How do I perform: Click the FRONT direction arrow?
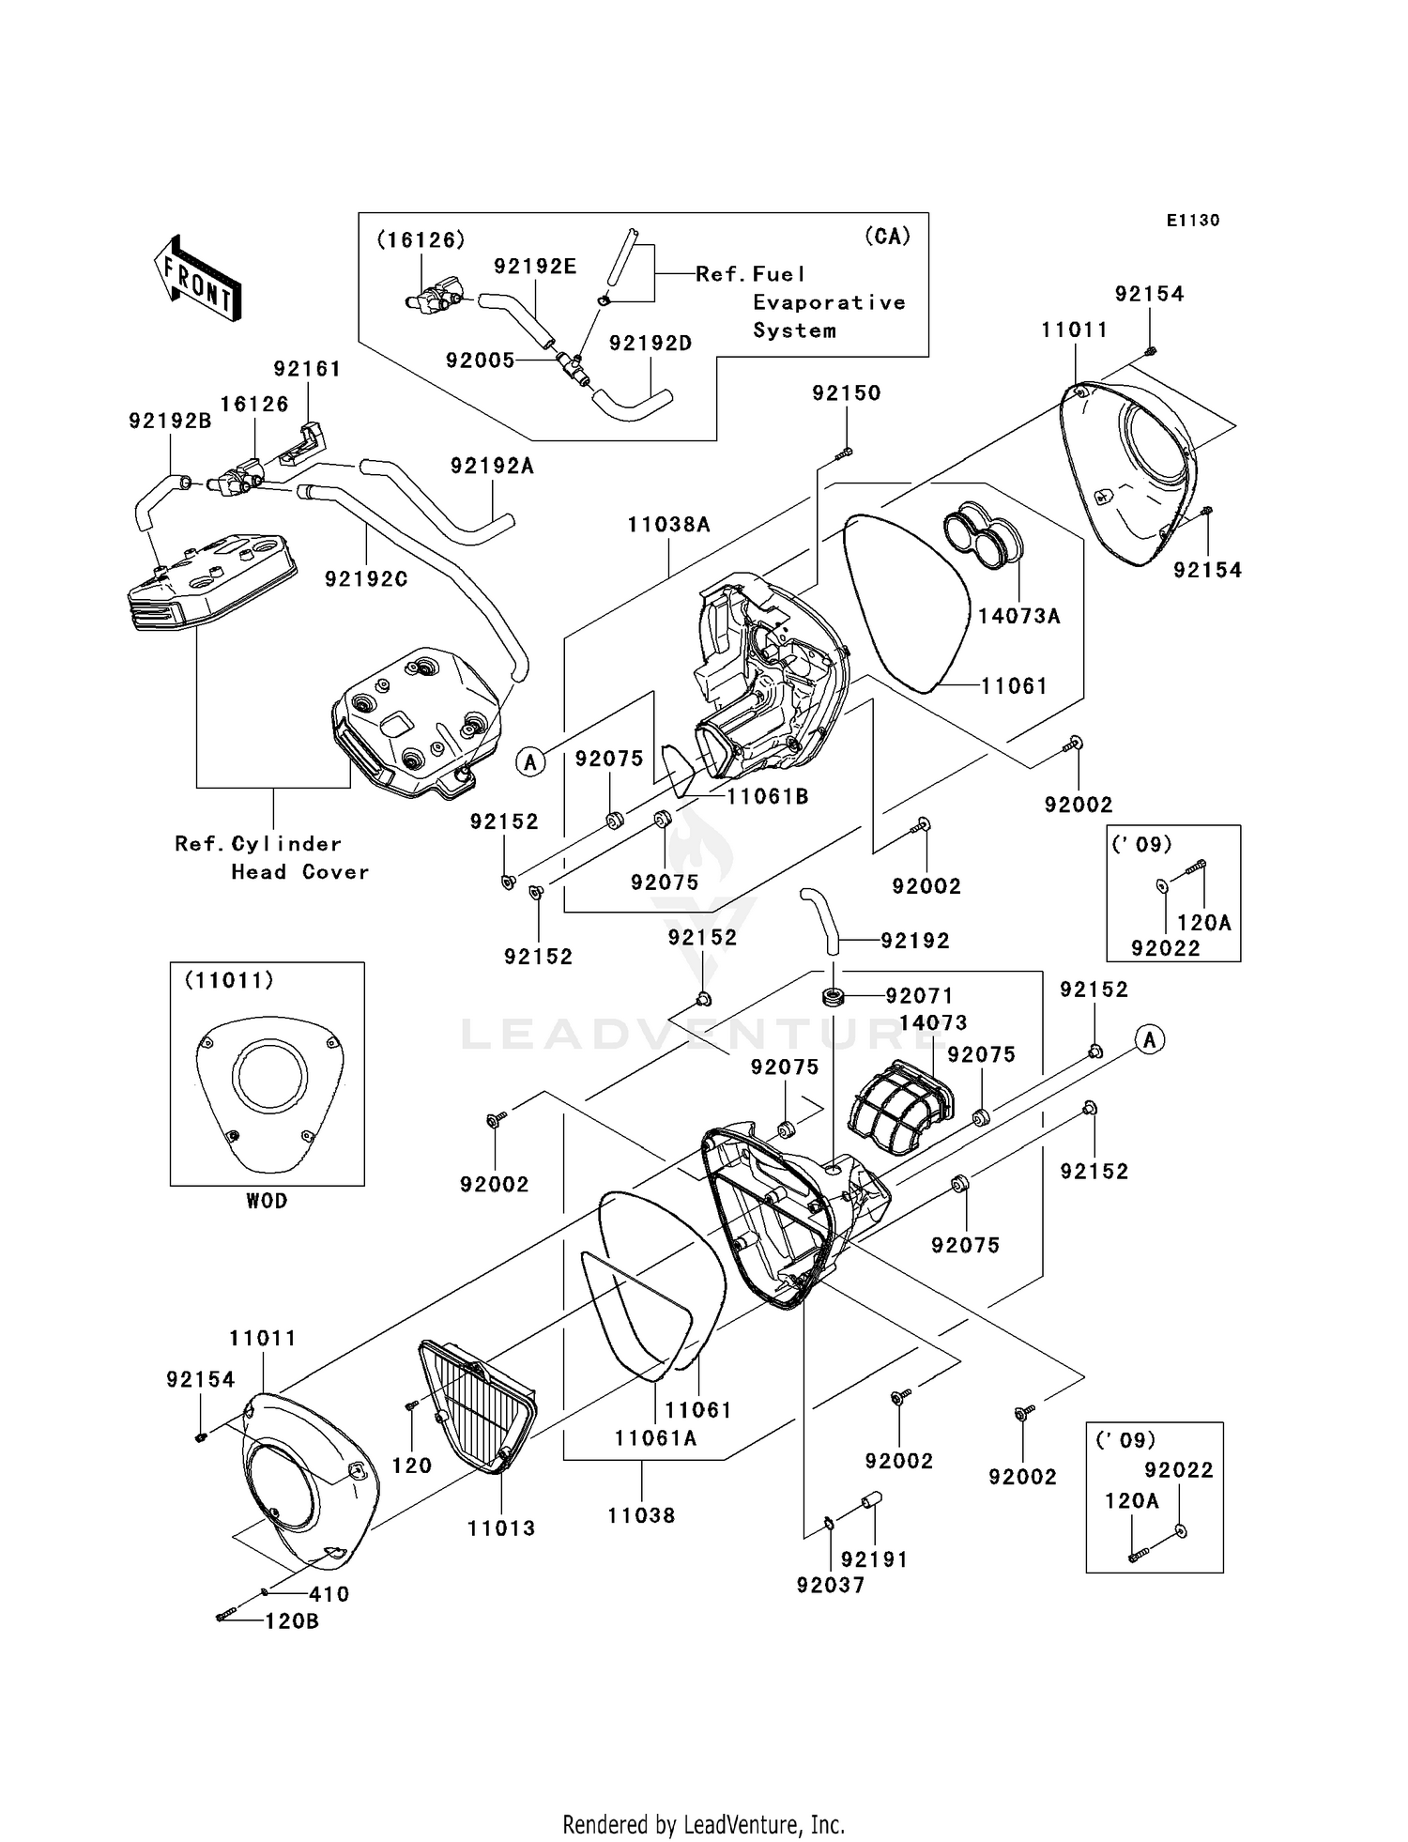(x=197, y=278)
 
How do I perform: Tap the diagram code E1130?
(x=1192, y=221)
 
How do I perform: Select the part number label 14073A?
(x=1018, y=616)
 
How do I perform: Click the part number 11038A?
(x=668, y=525)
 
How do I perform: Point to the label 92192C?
(x=366, y=579)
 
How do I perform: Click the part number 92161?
(x=307, y=369)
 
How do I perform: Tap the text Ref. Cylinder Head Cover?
(x=272, y=857)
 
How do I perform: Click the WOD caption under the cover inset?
(x=267, y=1201)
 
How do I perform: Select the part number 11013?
(x=501, y=1528)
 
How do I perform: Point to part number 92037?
(x=830, y=1585)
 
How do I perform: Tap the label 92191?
(x=874, y=1559)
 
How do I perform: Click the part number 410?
(x=329, y=1594)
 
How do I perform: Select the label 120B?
(x=291, y=1620)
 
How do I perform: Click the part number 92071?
(x=919, y=995)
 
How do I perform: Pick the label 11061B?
(x=767, y=796)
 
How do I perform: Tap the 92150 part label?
(x=846, y=393)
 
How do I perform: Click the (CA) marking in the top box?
(x=887, y=236)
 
